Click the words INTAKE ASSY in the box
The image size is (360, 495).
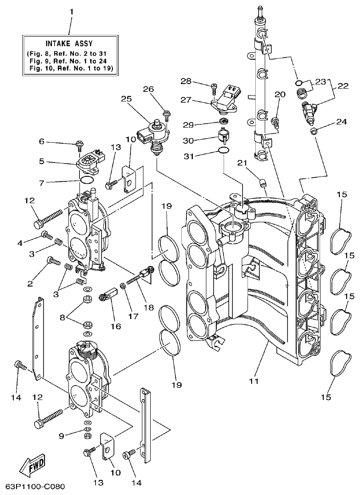coord(69,44)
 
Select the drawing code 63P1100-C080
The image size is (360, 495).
coord(35,485)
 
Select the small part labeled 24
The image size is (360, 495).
coord(315,131)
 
